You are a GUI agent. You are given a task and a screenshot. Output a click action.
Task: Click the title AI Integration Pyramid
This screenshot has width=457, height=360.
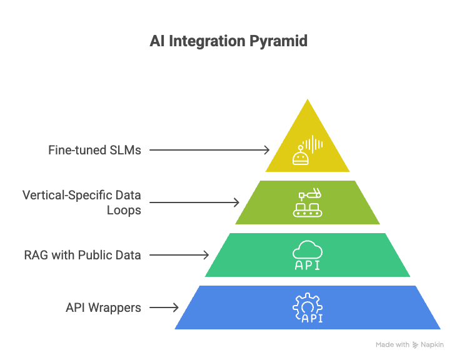click(228, 42)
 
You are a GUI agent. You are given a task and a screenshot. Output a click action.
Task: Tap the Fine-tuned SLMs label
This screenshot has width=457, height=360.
click(94, 150)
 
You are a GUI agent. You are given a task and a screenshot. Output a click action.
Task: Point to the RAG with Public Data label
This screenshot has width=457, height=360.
click(83, 254)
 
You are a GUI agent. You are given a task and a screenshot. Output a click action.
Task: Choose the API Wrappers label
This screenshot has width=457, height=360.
click(103, 307)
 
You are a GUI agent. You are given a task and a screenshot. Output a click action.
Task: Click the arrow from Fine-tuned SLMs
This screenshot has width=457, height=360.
click(209, 150)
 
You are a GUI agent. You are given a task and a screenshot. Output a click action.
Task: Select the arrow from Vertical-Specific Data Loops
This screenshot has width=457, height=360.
click(194, 202)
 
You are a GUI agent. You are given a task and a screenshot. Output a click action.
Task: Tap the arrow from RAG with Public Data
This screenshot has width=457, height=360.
click(179, 254)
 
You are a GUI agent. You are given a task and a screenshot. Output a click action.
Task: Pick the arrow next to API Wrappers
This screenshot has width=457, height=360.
click(164, 307)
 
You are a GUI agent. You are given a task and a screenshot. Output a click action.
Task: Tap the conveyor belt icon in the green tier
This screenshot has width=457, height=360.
click(307, 203)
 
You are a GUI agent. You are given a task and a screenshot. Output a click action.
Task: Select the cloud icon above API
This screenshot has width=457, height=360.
click(308, 250)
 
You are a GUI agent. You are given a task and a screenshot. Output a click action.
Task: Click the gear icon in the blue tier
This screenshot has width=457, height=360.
click(307, 303)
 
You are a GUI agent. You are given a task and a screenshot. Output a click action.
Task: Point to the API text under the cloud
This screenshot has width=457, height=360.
click(308, 265)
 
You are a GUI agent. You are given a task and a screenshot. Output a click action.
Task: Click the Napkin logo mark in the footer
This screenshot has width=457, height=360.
click(416, 345)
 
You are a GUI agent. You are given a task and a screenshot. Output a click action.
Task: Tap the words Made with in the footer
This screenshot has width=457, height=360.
click(393, 345)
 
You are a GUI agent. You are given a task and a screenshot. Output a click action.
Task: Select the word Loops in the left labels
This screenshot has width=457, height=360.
click(124, 210)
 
